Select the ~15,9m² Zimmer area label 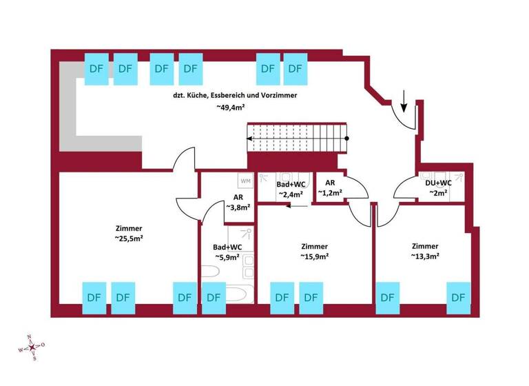click(x=314, y=256)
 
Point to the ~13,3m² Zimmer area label click(x=425, y=256)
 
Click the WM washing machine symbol click(x=246, y=181)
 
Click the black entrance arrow click(x=404, y=105)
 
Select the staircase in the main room click(x=298, y=139)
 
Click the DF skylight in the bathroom click(x=214, y=297)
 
